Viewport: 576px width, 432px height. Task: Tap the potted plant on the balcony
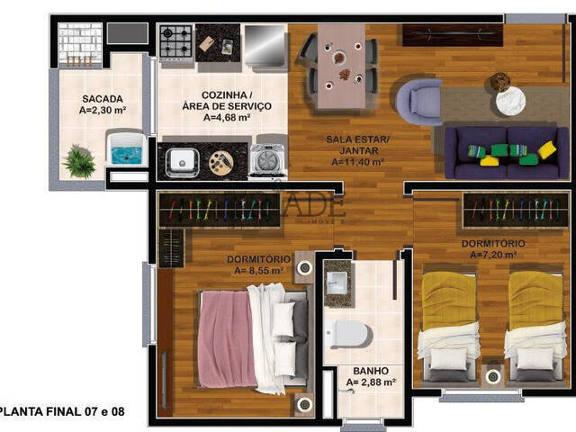[x=80, y=161]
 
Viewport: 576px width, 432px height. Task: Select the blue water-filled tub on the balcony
[x=124, y=148]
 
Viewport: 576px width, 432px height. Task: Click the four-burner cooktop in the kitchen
[x=175, y=40]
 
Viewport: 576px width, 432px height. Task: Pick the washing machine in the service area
[x=267, y=159]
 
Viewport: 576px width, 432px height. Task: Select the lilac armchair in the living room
[x=417, y=101]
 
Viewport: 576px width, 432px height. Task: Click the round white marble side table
[x=509, y=100]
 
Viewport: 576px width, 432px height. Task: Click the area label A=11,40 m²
[x=357, y=163]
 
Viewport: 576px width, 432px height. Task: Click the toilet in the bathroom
[x=347, y=334]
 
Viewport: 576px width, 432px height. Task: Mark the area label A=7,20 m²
[x=493, y=255]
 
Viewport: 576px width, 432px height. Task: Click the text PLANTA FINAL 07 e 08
[x=62, y=412]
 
